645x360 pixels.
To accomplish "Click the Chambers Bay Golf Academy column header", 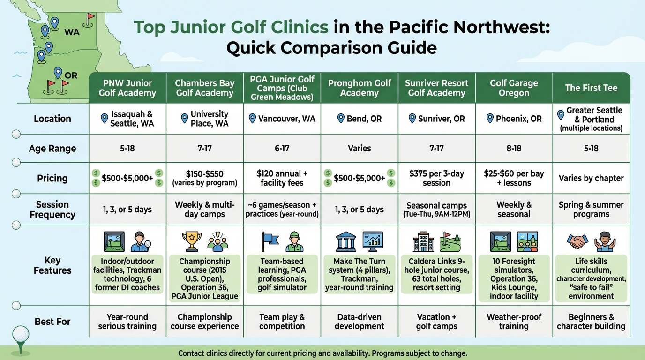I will (205, 88).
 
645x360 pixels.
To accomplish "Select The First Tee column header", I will (591, 88).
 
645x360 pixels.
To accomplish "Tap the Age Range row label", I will (52, 149).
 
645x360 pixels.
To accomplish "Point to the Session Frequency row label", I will (52, 210).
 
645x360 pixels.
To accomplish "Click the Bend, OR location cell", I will (359, 119).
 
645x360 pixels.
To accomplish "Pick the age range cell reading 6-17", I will (282, 149).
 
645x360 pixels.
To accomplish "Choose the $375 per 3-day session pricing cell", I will (436, 178).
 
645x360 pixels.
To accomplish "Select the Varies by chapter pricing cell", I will (591, 178).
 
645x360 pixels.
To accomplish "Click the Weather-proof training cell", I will (514, 322).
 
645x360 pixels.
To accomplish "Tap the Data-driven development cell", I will (359, 322).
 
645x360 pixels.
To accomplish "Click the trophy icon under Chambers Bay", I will (191, 241).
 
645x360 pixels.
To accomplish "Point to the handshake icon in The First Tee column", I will (578, 241).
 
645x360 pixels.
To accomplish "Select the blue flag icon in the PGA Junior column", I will (270, 241).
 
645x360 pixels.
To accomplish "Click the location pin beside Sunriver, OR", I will (412, 119).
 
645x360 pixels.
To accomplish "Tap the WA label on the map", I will (72, 32).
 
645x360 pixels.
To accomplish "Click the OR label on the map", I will (71, 75).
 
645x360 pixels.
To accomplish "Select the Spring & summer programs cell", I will (591, 210).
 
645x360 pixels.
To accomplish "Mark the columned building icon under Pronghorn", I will (346, 241).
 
